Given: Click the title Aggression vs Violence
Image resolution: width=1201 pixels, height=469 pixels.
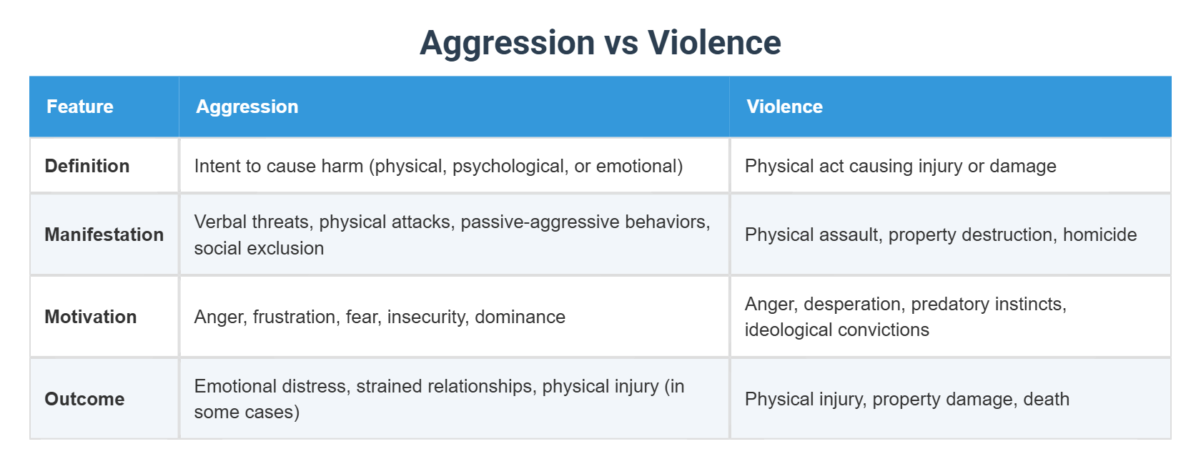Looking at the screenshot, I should (600, 43).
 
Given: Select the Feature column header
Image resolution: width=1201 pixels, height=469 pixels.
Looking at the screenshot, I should (80, 107).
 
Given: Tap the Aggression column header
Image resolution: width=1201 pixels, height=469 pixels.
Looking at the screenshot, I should (247, 107).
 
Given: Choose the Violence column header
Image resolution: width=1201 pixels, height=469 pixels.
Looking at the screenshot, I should (784, 107).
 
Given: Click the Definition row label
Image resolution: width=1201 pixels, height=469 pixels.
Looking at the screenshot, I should (87, 166).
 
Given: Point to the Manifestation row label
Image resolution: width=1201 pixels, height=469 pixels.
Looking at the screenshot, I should (104, 234).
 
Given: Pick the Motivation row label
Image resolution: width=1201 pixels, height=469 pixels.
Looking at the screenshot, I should (90, 317).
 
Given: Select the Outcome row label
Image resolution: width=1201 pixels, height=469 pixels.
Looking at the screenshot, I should (84, 399).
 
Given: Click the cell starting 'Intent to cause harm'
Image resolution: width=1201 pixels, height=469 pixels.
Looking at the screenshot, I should (438, 166).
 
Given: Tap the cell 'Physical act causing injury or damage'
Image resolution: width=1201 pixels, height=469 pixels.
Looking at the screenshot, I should (900, 166).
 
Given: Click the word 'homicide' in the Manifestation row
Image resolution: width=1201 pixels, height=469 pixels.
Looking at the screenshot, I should (1099, 234).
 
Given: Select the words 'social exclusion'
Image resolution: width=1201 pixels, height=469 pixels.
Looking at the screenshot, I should (259, 248).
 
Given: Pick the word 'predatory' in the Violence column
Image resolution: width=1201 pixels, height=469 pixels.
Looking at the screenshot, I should (947, 304).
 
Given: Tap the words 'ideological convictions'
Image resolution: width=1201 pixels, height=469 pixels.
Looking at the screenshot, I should (836, 330).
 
